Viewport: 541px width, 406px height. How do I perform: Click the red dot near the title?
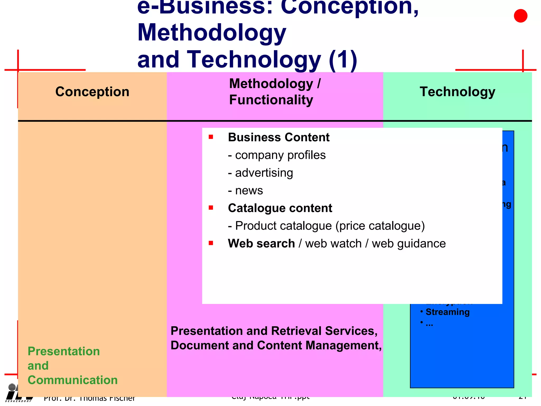coord(520,16)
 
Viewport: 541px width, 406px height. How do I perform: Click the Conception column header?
coord(92,92)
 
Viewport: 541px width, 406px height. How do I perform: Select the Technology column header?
coord(457,92)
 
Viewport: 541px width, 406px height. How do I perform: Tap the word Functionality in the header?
coord(271,100)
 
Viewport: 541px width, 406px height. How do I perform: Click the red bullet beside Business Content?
coord(211,137)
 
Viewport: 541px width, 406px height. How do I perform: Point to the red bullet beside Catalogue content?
coord(211,207)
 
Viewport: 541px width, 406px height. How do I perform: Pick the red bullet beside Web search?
coord(211,243)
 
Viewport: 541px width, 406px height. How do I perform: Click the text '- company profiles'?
coord(277,155)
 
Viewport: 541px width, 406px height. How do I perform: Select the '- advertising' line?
coord(260,173)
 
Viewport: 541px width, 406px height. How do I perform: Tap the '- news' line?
coord(245,191)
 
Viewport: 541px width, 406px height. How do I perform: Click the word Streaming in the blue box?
coord(447,312)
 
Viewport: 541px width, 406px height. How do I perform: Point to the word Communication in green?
coord(73,380)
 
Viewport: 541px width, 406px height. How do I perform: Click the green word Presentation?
coord(64,351)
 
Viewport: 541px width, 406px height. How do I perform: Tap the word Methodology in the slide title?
coord(212,33)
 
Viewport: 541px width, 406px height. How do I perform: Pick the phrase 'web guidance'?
coord(409,243)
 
